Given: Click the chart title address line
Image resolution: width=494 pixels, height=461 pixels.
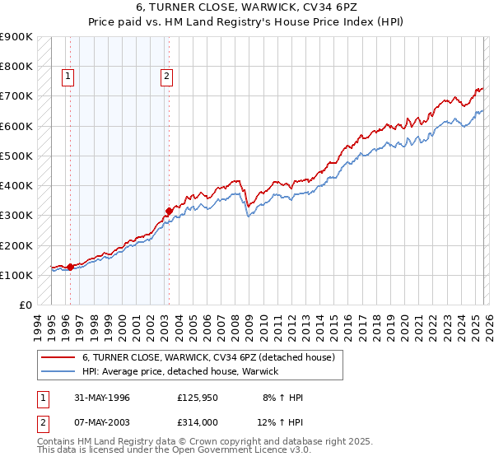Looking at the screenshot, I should (x=246, y=7).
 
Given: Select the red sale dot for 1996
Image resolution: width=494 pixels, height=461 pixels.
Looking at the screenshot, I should (x=70, y=267).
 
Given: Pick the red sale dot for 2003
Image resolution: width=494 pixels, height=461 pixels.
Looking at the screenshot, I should (x=169, y=211).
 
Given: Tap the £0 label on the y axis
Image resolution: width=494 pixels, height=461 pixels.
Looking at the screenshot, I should (x=25, y=305).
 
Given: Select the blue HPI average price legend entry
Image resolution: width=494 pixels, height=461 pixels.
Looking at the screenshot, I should (x=180, y=372).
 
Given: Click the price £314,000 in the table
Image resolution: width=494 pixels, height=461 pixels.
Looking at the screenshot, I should (x=198, y=422).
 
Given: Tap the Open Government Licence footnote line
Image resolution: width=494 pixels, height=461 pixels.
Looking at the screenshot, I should (x=174, y=451).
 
